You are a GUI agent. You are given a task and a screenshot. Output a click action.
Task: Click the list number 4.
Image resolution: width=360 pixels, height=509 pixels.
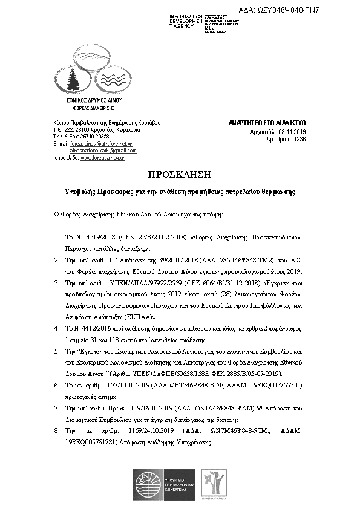point(56,328)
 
